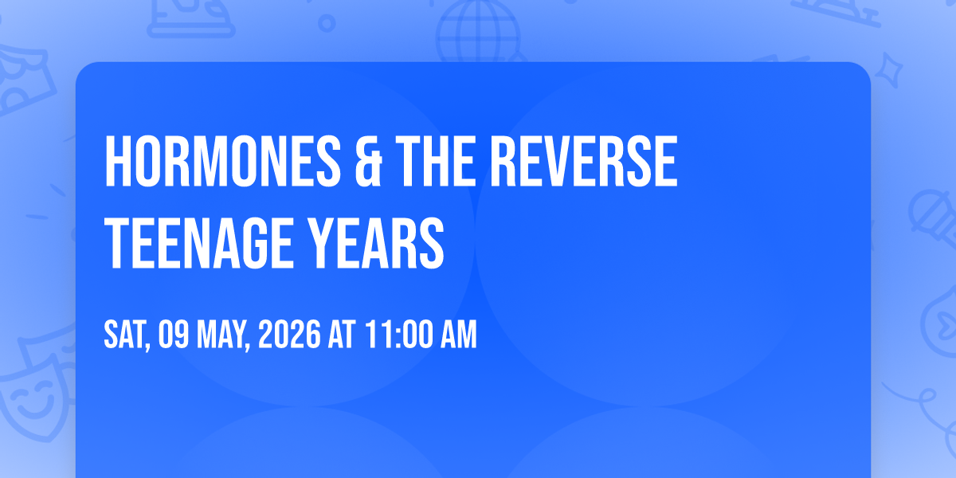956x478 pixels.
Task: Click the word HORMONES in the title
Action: pos(222,161)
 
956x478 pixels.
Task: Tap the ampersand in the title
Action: pos(368,161)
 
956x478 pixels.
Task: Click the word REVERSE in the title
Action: pos(583,161)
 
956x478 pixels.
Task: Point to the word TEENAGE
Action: pos(198,243)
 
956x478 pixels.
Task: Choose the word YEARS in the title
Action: pos(376,243)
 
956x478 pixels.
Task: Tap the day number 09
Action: pos(174,335)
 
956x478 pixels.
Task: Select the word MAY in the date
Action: pos(222,335)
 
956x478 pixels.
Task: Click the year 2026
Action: pos(289,335)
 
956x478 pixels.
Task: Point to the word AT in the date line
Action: pos(342,335)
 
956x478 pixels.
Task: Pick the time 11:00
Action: pos(398,335)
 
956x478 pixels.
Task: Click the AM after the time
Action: pos(458,335)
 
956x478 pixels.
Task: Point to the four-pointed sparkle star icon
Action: pos(888,70)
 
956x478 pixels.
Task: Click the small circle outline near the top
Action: pos(327,23)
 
